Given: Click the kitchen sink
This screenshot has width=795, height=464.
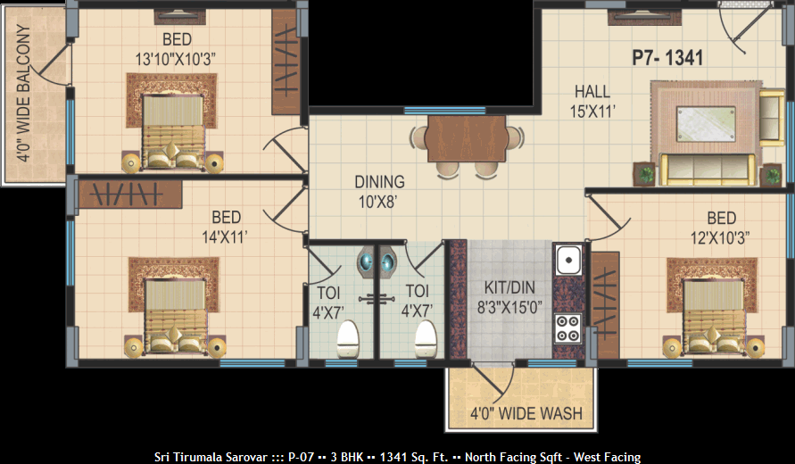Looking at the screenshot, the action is (568, 260).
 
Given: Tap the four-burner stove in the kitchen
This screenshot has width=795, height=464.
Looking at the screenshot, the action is (567, 328).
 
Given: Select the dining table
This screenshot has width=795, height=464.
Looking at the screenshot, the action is (467, 138).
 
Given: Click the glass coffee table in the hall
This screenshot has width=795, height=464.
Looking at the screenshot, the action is (706, 124).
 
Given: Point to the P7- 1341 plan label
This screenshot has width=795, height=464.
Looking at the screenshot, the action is (667, 58).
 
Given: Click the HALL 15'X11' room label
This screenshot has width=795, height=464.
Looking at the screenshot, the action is (592, 102).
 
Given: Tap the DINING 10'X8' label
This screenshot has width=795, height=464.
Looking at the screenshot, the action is (379, 192).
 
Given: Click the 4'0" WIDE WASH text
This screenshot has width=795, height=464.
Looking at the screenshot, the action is (526, 414).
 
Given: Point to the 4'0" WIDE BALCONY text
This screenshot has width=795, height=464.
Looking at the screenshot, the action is (24, 94).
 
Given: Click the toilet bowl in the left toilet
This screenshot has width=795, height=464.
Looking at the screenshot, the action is (348, 338).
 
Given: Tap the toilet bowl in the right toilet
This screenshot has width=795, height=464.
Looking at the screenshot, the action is (426, 338).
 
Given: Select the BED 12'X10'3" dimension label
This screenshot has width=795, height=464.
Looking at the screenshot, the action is (720, 228).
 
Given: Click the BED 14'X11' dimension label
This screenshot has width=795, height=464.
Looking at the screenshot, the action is (226, 227).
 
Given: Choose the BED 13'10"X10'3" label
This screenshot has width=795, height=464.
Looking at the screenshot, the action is (177, 49).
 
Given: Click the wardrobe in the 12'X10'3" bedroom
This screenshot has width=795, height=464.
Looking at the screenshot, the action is (605, 305).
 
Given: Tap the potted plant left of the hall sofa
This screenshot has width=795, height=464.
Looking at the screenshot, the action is (644, 174).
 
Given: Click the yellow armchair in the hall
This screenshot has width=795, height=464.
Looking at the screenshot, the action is (772, 118).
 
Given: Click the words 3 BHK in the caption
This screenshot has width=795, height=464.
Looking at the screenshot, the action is (347, 457).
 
